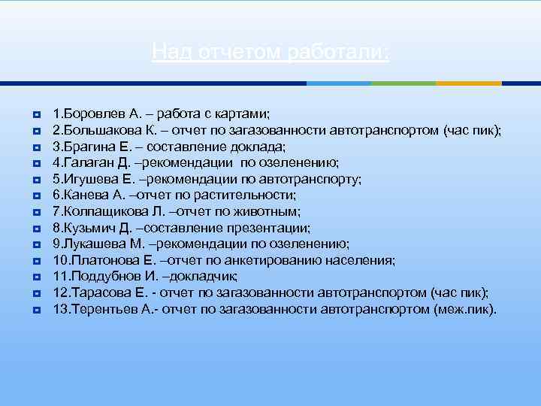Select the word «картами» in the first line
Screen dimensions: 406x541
tap(242, 114)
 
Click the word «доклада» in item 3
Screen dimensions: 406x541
tap(260, 147)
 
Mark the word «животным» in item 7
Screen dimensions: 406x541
tap(270, 212)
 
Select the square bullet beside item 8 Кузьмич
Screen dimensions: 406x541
tap(36, 229)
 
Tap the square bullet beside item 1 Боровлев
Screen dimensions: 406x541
tap(36, 114)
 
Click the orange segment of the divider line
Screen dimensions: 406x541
tap(468, 83)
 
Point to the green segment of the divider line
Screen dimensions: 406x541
tap(404, 83)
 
